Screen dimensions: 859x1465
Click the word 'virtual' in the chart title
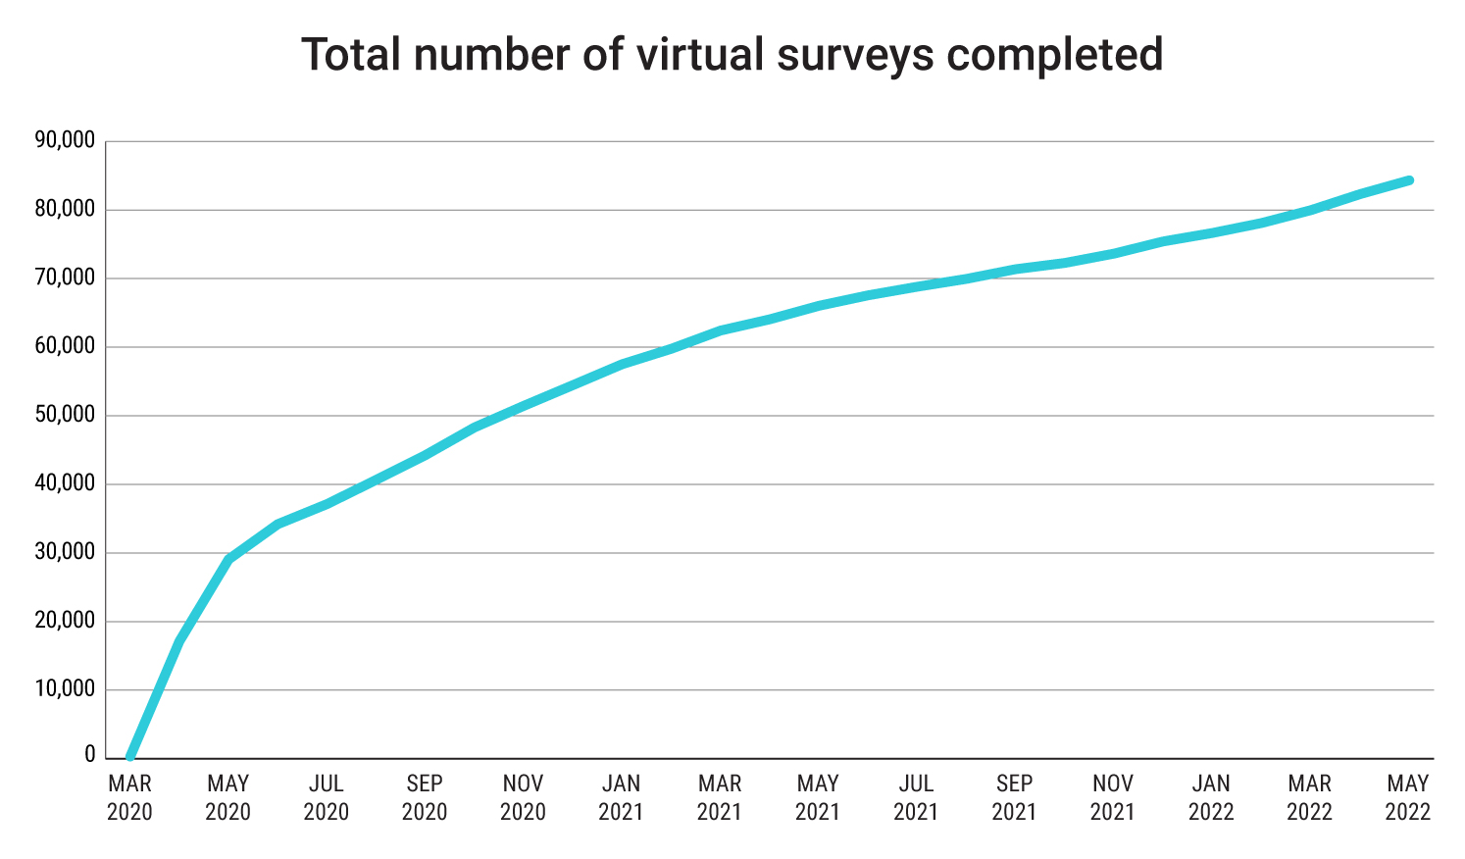click(699, 54)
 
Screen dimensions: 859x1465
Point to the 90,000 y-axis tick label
click(65, 141)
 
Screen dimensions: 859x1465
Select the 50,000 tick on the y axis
click(65, 416)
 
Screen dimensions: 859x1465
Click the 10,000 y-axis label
click(65, 689)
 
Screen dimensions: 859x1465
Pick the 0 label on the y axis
click(90, 756)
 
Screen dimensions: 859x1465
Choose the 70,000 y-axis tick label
click(65, 278)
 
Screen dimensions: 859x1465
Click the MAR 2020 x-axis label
click(129, 797)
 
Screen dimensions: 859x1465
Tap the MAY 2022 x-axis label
click(1408, 797)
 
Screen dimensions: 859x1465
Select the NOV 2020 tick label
click(523, 797)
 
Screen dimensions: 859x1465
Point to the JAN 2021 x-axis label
click(621, 797)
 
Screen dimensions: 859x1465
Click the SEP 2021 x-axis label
click(1014, 797)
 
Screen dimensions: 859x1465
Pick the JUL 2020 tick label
click(327, 797)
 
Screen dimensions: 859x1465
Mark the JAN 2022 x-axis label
click(1211, 797)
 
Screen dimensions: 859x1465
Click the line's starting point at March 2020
click(129, 757)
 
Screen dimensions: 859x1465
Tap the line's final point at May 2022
click(1408, 180)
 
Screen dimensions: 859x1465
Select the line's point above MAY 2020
click(228, 559)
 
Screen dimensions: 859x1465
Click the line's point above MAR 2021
click(721, 330)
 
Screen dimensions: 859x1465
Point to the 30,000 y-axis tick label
click(65, 553)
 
